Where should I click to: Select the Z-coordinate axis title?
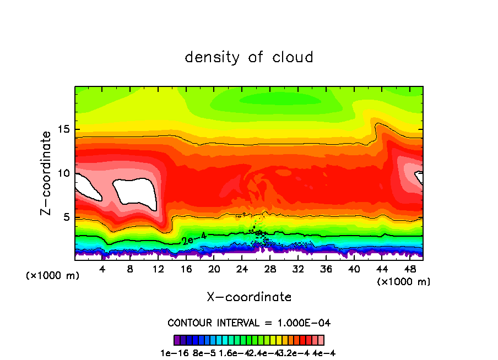coord(47,173)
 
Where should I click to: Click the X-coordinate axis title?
coord(249,297)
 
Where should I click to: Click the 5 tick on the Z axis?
coord(64,217)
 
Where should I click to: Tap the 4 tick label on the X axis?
coord(102,270)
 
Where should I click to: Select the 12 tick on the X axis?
coord(158,270)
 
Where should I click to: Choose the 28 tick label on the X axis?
coord(269,270)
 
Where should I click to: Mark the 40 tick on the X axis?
coord(353,270)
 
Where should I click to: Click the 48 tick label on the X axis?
coord(409,270)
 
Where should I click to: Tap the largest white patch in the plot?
coord(135,193)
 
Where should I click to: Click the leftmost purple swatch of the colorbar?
coord(177,340)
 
